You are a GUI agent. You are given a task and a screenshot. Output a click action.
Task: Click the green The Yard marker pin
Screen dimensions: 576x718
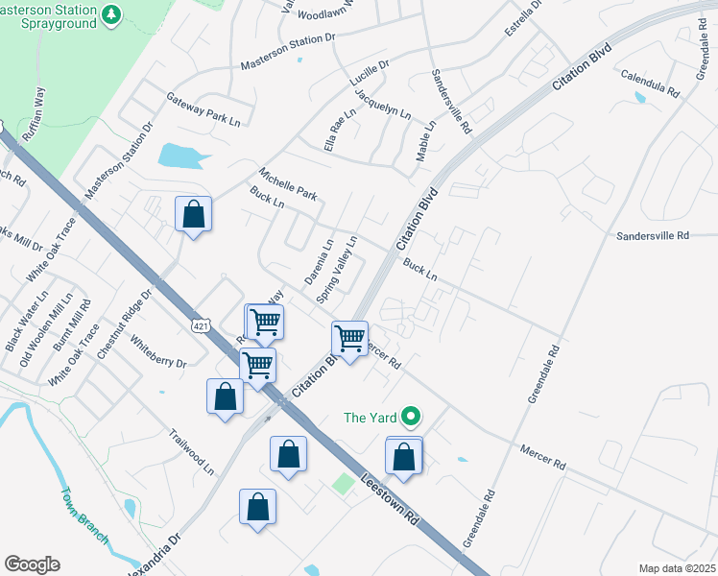[x=411, y=417]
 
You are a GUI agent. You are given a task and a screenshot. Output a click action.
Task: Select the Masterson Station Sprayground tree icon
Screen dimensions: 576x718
[x=112, y=15]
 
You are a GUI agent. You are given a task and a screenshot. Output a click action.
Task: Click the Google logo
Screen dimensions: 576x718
[x=32, y=564]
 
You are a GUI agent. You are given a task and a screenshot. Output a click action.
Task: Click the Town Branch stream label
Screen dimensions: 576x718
[x=83, y=515]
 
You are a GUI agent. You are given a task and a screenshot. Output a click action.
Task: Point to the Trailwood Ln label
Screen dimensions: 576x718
[x=193, y=450]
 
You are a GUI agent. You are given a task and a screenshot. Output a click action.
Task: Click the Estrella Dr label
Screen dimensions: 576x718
[x=523, y=21]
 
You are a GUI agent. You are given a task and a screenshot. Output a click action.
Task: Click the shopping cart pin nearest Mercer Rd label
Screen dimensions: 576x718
[x=349, y=338]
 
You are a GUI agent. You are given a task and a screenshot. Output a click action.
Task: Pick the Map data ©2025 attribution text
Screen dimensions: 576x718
[x=676, y=568]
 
